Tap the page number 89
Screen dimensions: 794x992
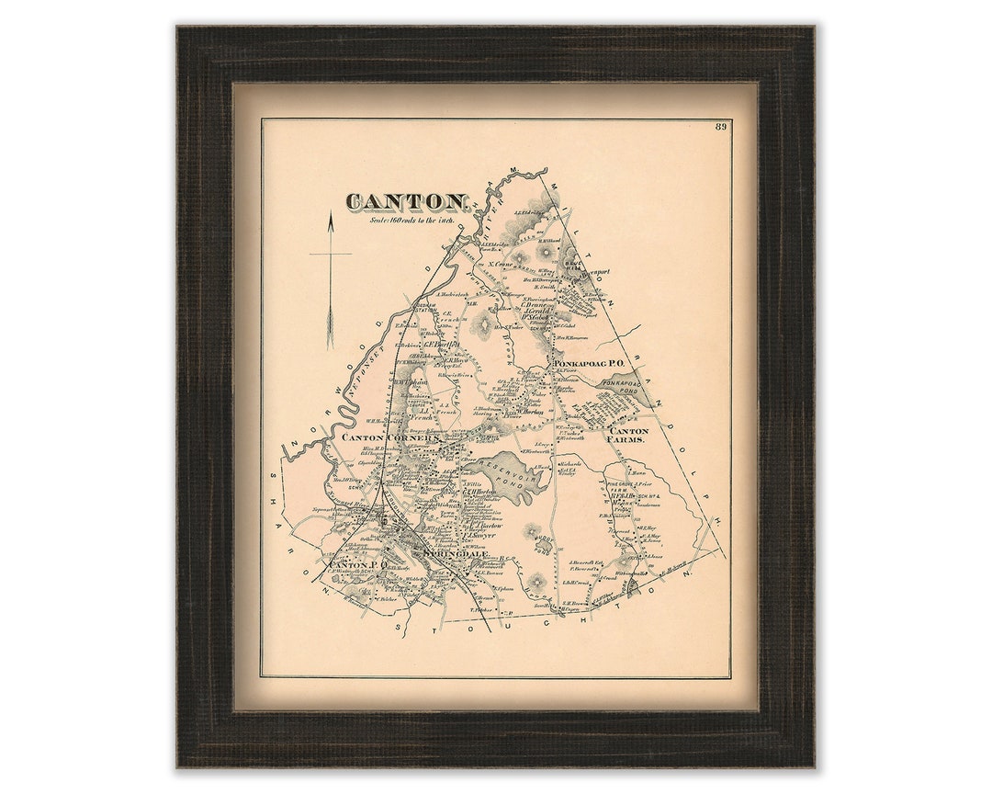pos(721,127)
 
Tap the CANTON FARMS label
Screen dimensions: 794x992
pos(628,435)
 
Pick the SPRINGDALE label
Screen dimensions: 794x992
pos(450,554)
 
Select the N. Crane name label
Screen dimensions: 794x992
pos(500,265)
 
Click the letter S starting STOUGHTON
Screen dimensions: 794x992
pos(401,629)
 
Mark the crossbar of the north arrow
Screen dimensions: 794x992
pos(330,253)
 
